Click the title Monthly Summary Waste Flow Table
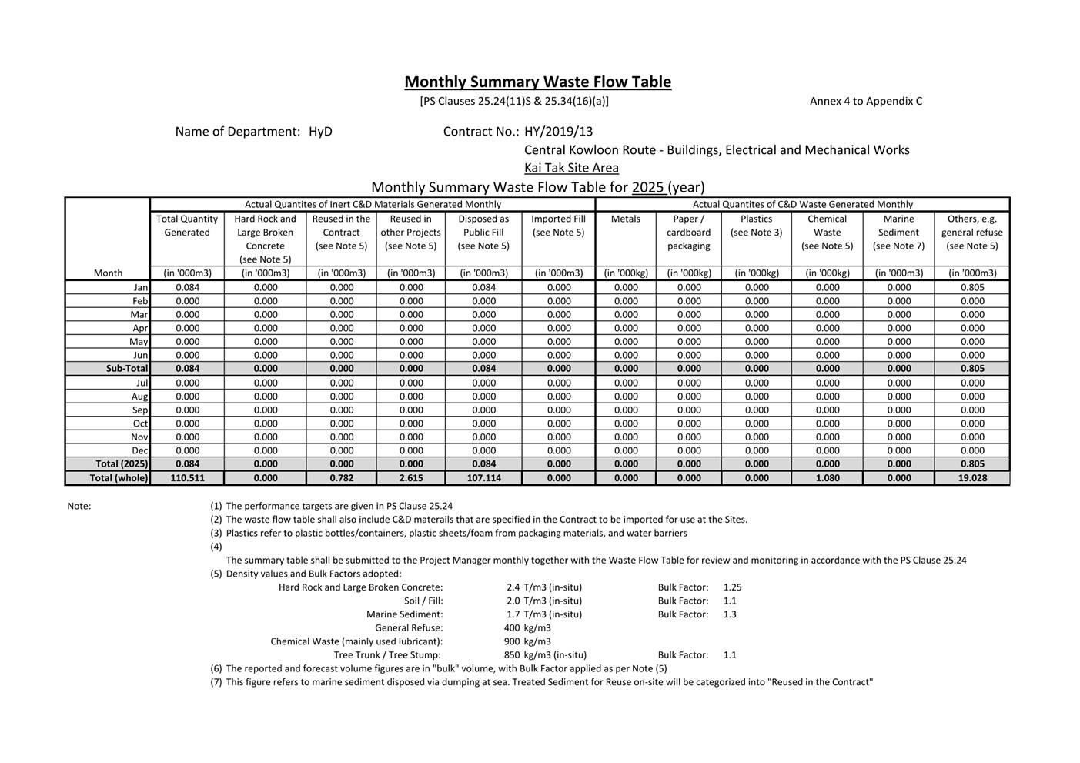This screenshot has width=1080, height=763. click(537, 82)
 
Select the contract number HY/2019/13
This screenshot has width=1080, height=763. click(558, 132)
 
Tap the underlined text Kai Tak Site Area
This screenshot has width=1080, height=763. click(571, 168)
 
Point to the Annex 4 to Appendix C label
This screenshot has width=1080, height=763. click(865, 101)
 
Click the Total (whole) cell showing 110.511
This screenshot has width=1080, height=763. click(187, 478)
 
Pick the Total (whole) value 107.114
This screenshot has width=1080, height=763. click(483, 478)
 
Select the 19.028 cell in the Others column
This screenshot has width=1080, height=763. click(972, 478)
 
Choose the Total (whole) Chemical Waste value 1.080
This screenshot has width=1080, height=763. click(828, 478)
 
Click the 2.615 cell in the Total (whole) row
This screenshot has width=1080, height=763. click(411, 478)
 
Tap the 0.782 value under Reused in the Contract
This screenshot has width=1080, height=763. click(341, 478)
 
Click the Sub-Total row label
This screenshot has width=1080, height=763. click(127, 369)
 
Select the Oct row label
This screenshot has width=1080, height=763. click(140, 423)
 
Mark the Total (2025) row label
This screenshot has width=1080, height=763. click(122, 464)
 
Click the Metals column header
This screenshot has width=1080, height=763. click(625, 219)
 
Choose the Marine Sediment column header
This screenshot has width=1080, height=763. click(898, 226)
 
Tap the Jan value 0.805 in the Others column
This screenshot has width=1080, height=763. click(972, 287)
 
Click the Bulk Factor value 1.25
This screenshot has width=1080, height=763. click(732, 587)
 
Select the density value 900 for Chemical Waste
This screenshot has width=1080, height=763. click(512, 641)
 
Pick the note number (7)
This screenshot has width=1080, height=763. click(216, 682)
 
